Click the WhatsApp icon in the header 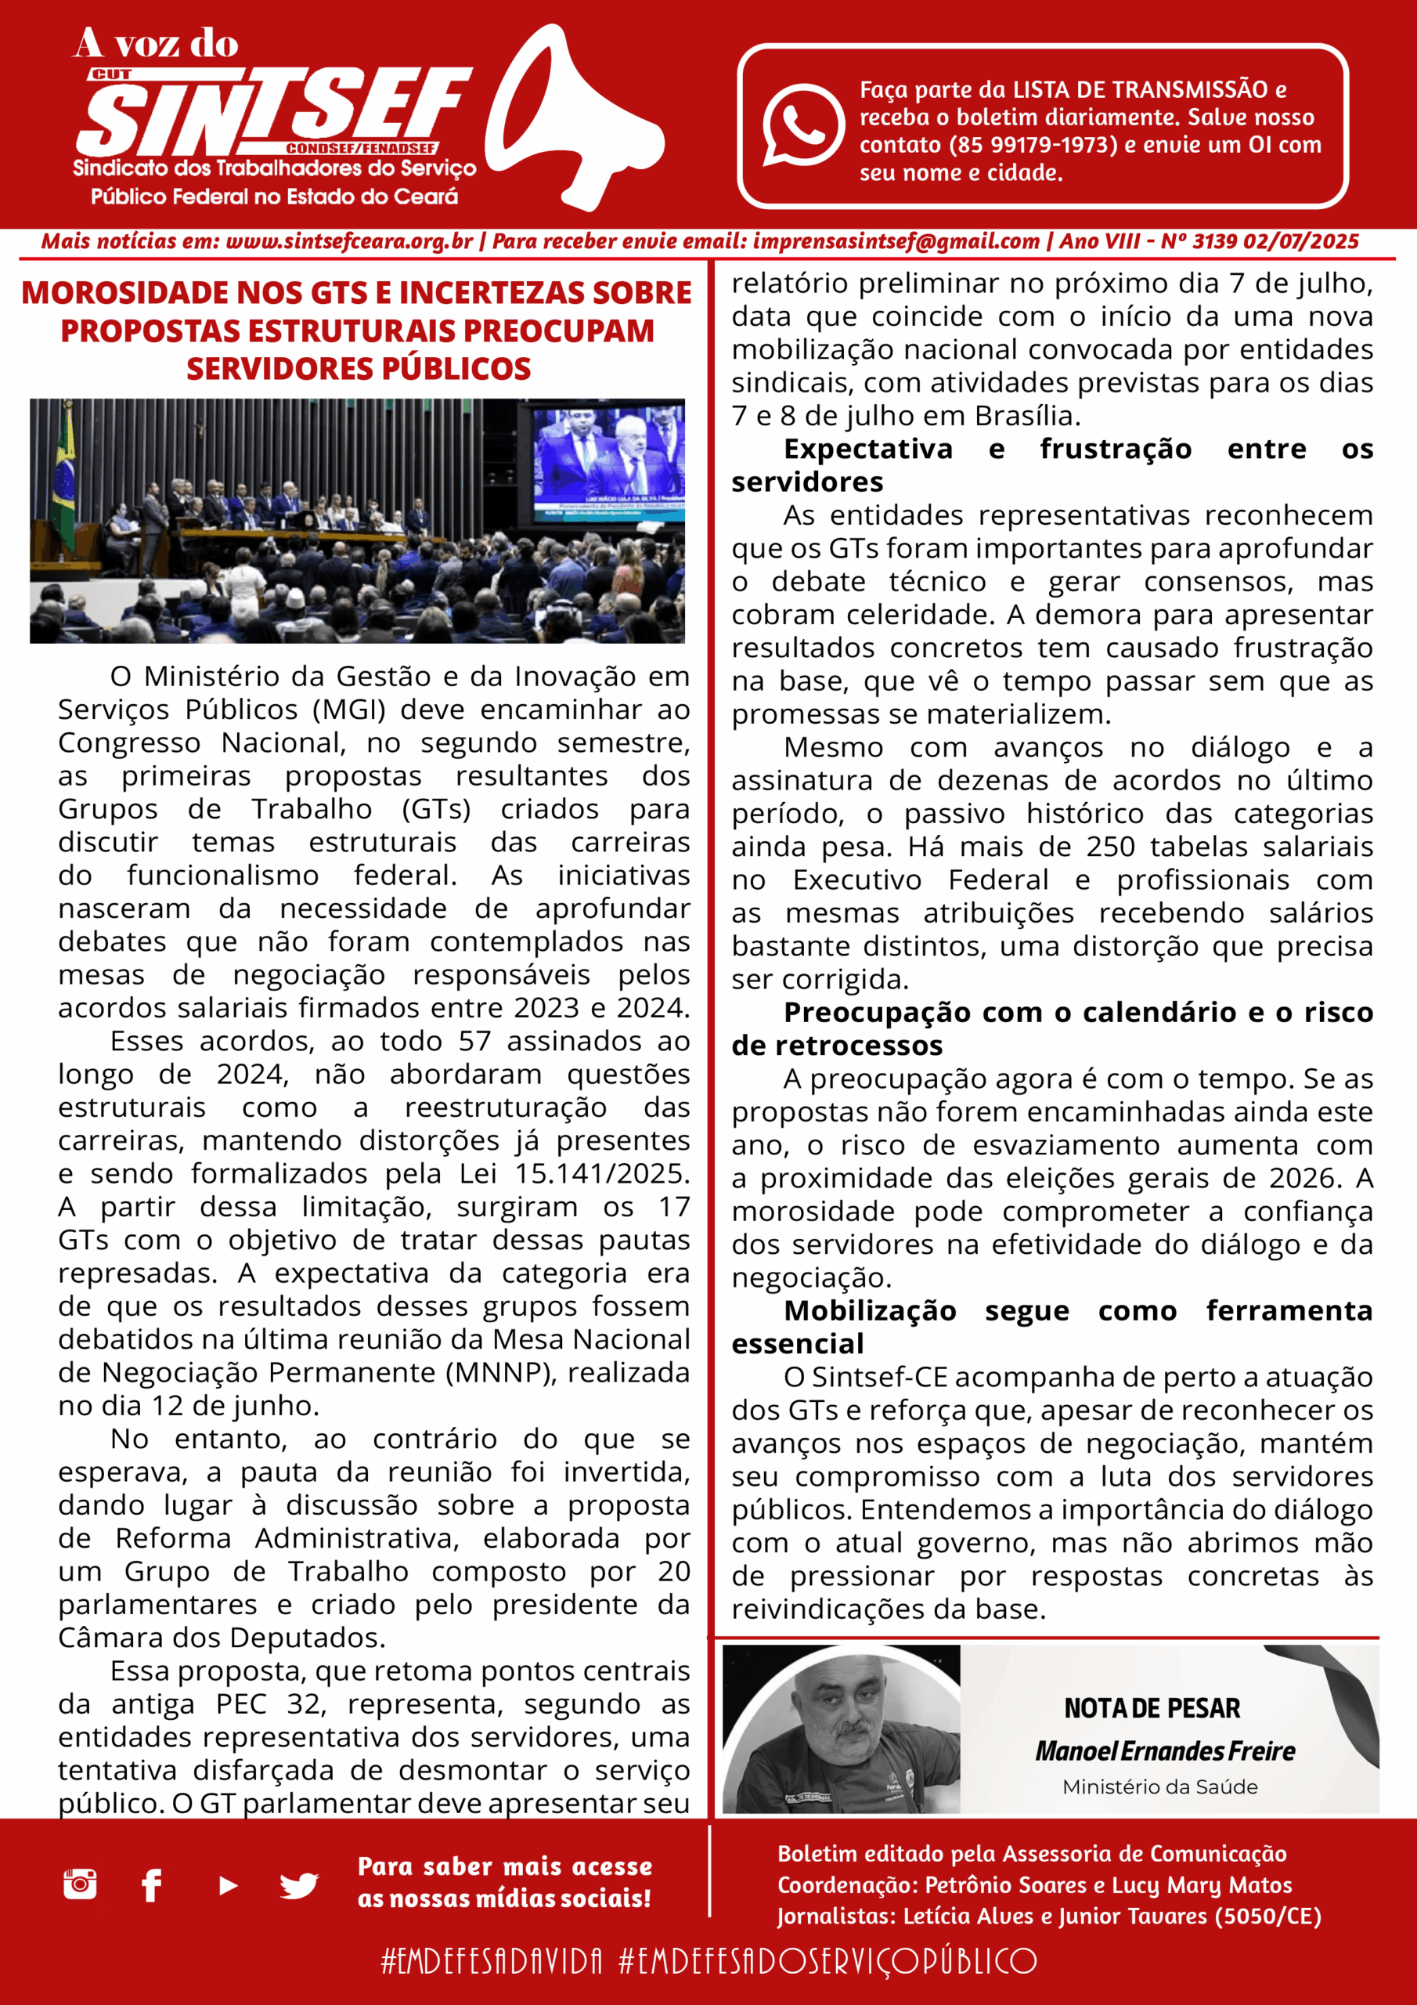802,124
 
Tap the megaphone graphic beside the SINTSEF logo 571,118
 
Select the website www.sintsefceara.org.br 349,242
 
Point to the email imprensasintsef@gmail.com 896,242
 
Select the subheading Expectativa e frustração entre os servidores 1051,465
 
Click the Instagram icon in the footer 81,1884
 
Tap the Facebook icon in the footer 152,1885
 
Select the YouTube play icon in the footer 228,1885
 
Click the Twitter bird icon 298,1885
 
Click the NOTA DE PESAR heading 1152,1708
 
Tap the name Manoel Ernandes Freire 1165,1751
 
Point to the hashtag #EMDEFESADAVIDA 492,1961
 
